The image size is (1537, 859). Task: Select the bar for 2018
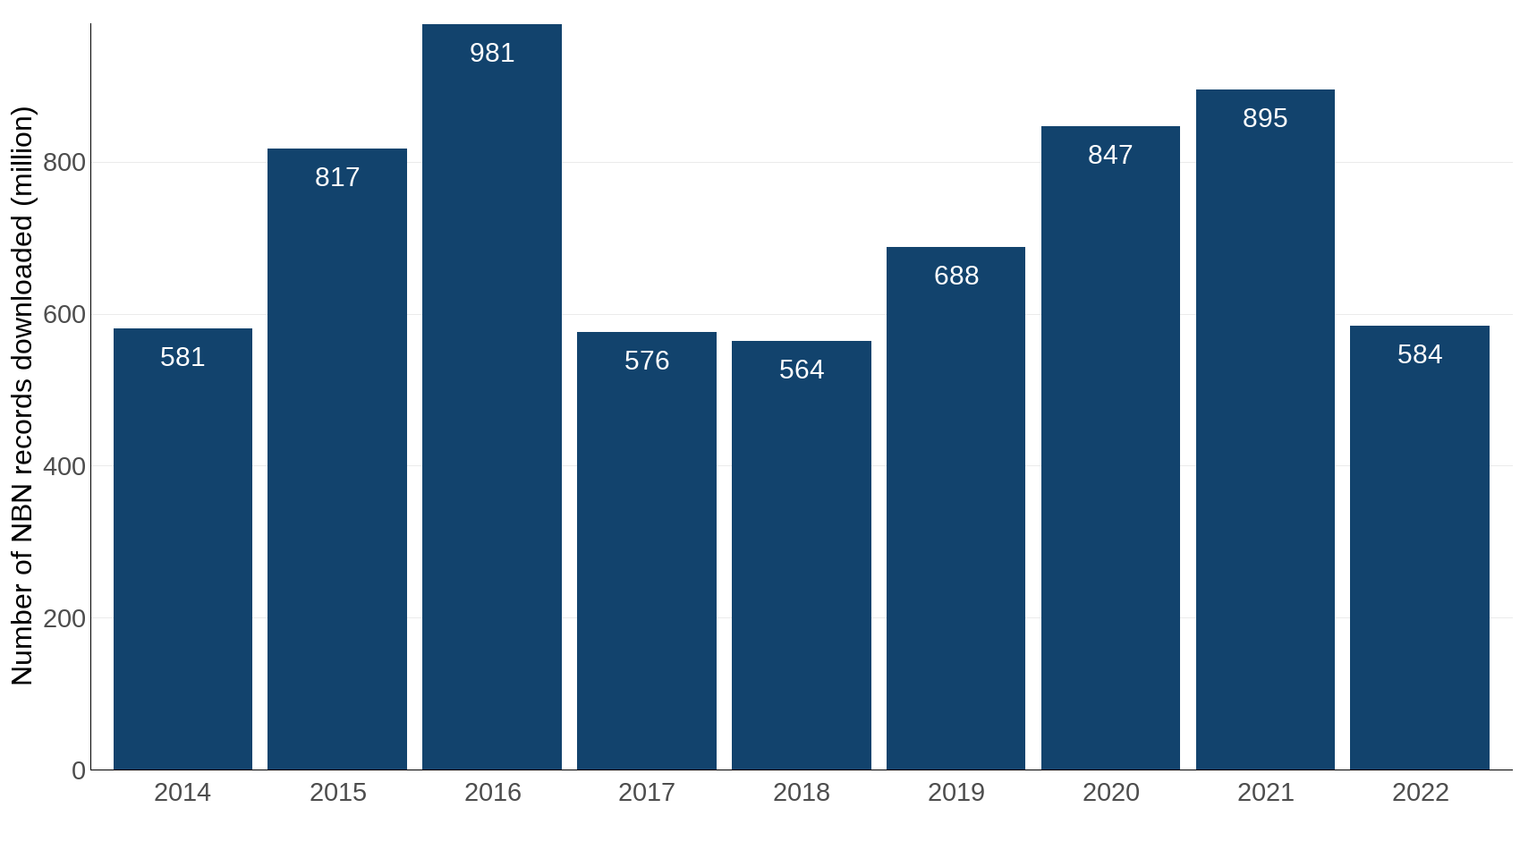point(802,555)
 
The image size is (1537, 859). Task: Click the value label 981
point(492,53)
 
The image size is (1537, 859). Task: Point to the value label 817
point(337,177)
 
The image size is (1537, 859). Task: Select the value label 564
point(802,370)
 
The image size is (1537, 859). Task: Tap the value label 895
point(1265,118)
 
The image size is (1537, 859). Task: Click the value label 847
point(1110,155)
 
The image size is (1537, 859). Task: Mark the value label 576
point(647,361)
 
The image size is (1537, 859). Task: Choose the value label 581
point(183,357)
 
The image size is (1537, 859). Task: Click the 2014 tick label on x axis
point(183,793)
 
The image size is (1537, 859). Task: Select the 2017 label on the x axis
point(647,793)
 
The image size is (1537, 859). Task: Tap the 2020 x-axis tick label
point(1110,793)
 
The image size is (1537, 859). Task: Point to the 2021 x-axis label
point(1265,793)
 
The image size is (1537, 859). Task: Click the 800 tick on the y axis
point(64,163)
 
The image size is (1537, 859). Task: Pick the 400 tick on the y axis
point(64,466)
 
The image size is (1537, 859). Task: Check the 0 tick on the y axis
point(79,770)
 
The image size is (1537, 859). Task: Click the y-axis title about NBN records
point(22,396)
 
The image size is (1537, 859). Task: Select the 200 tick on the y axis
point(64,618)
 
